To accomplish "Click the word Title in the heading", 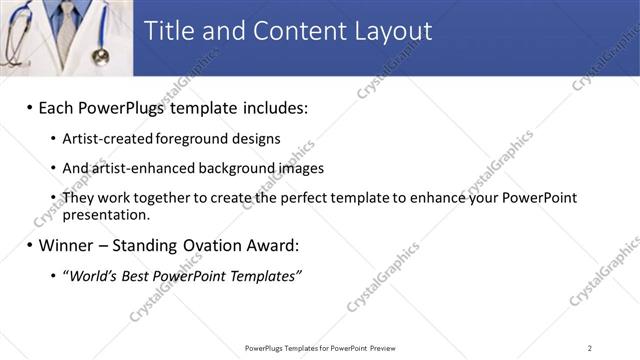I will [x=169, y=31].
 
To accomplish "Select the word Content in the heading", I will [x=288, y=31].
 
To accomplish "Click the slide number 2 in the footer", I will [x=590, y=347].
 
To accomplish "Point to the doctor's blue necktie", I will [x=66, y=25].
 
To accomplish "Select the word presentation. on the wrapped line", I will [x=106, y=214].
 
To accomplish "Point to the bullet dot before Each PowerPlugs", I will [x=30, y=106].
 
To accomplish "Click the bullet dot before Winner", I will [x=30, y=244].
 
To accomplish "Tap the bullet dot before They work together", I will [x=53, y=198].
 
